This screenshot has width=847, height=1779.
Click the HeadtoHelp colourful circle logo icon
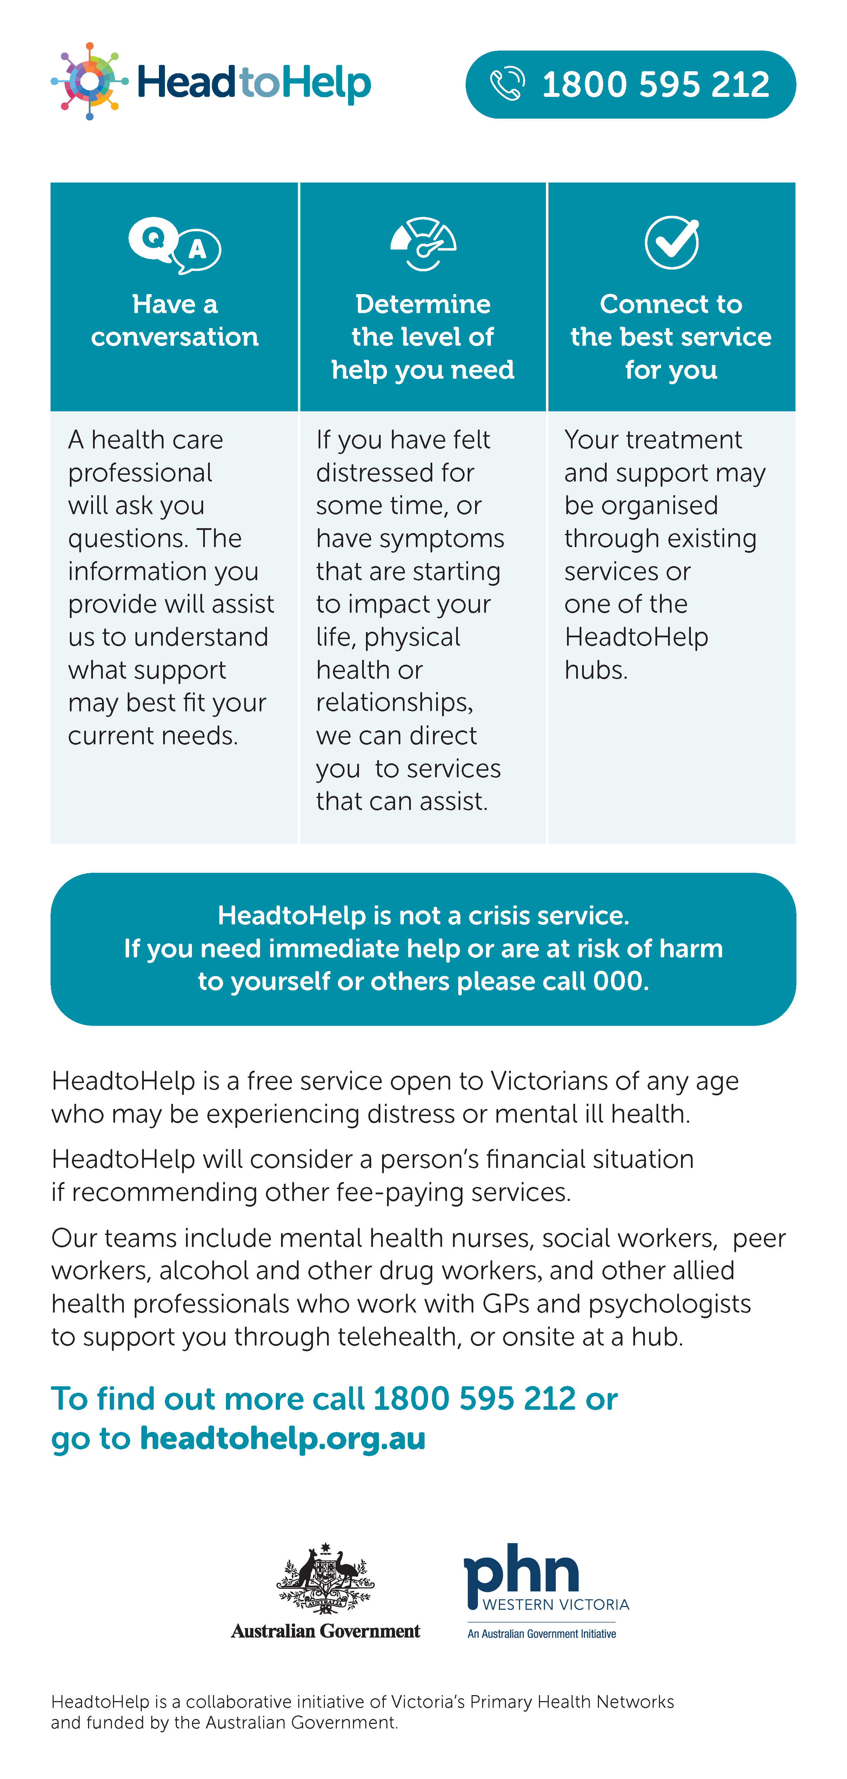tap(89, 81)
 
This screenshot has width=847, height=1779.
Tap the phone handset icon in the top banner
tap(507, 84)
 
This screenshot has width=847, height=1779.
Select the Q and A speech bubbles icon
tap(175, 245)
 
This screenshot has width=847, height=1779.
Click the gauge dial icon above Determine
tap(423, 244)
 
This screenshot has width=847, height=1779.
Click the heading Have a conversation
tap(175, 320)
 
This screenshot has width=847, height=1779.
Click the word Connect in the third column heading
tap(644, 304)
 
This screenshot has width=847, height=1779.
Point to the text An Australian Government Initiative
tap(542, 1634)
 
